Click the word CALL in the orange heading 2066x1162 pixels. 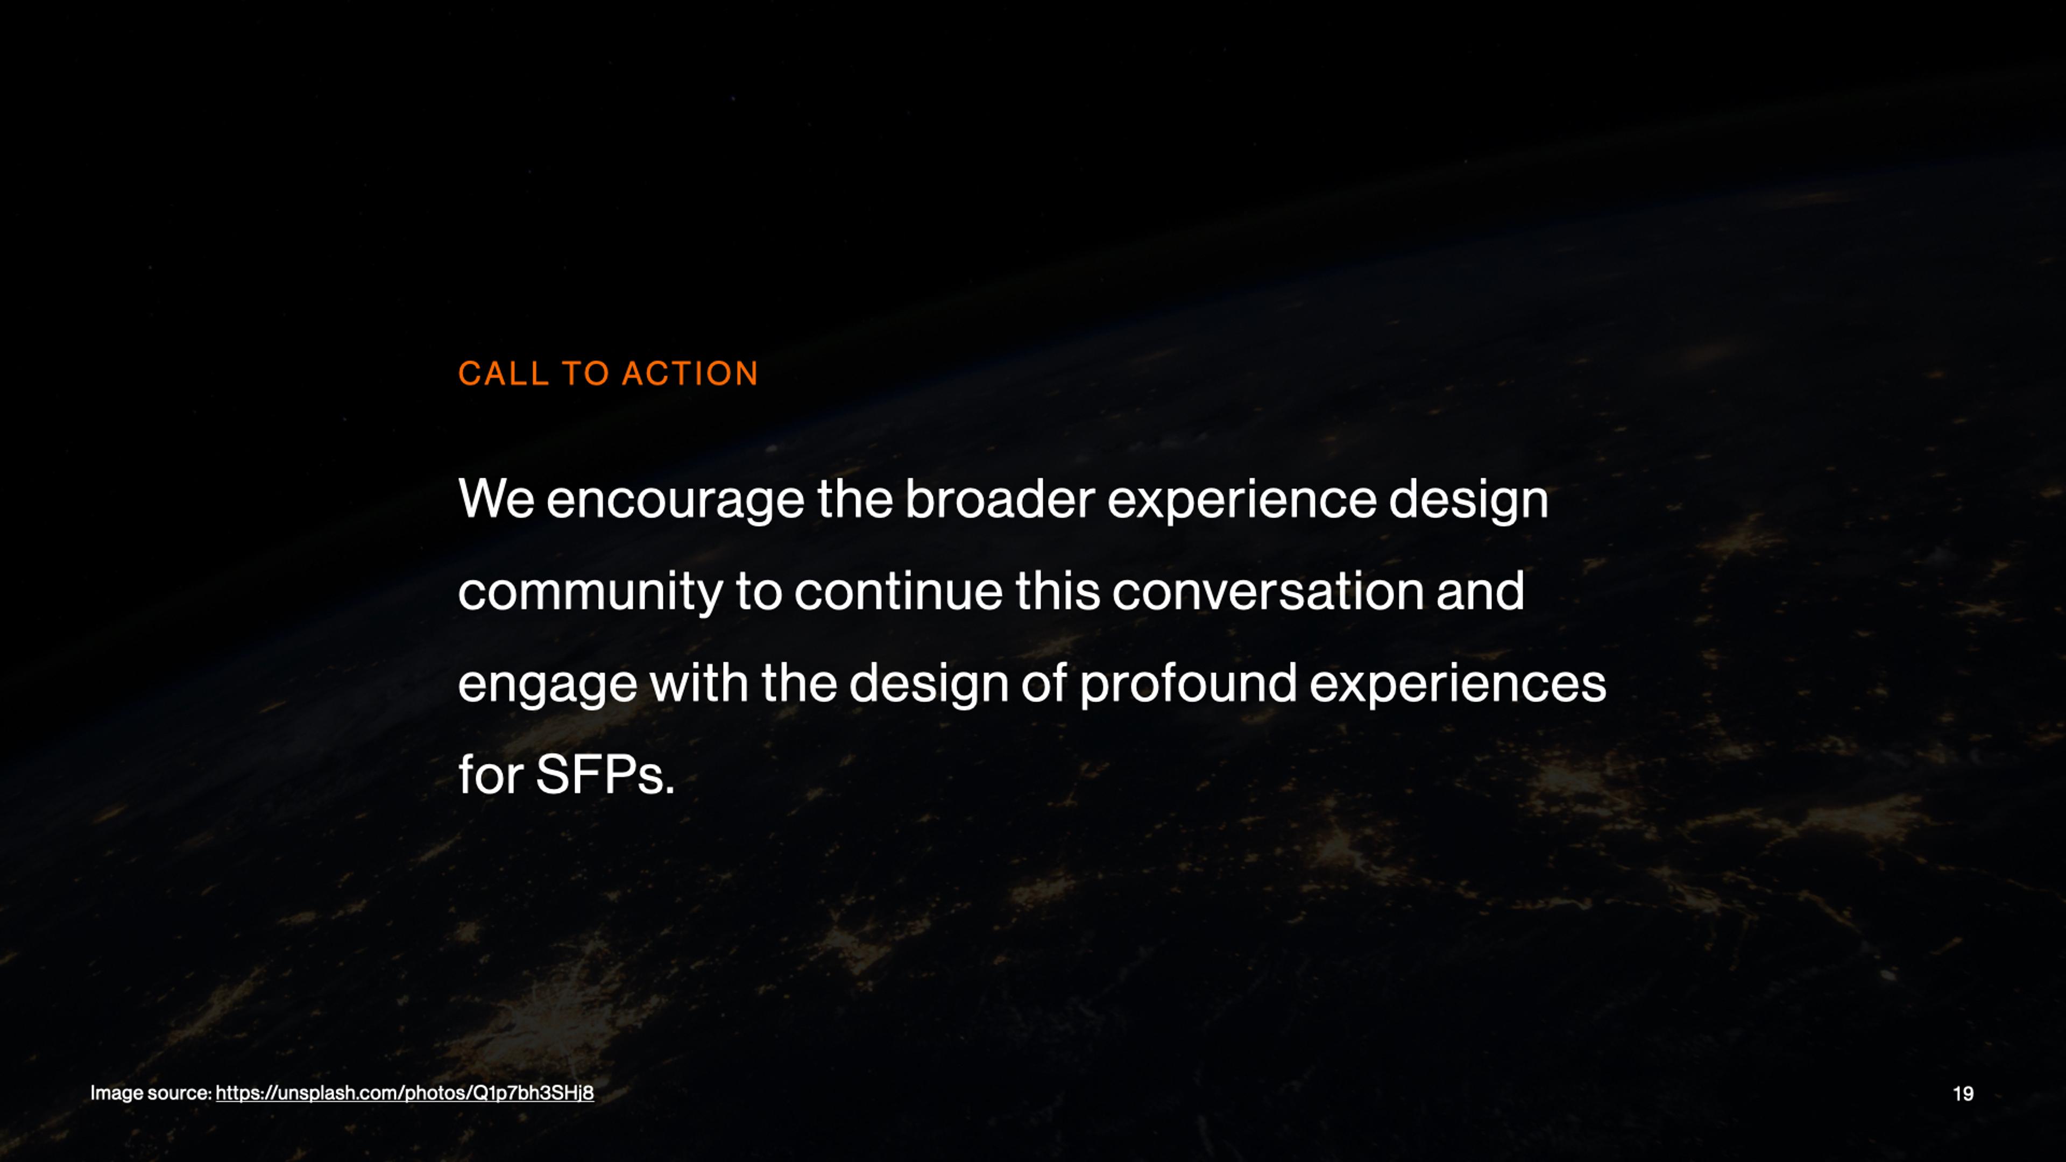pos(503,374)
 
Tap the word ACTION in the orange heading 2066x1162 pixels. pos(690,374)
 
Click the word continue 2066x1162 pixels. pos(898,591)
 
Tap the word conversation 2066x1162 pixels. pos(1267,591)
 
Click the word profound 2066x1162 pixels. pos(1188,684)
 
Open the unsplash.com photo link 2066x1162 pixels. pos(405,1093)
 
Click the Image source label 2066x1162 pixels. pos(151,1093)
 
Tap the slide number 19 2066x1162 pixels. pos(1963,1094)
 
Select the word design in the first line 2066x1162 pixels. pos(1468,500)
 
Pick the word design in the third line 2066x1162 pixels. pos(929,684)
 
